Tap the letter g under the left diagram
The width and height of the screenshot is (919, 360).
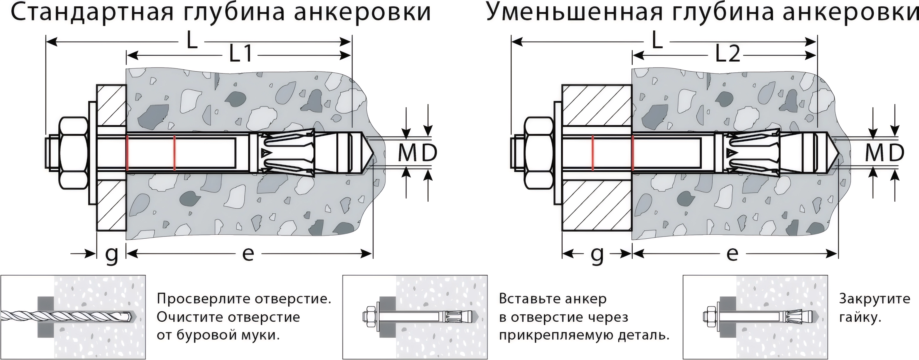pos(112,254)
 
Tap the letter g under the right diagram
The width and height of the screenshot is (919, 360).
pos(597,254)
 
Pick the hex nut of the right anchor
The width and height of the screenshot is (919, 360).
pos(539,153)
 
